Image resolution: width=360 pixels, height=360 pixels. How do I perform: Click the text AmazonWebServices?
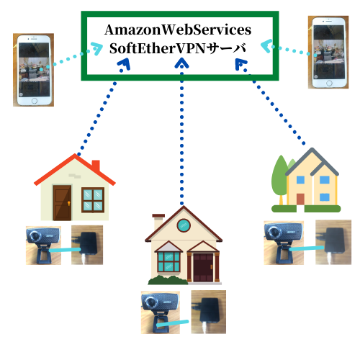pyautogui.click(x=178, y=30)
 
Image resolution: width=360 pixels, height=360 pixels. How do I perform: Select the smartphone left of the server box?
pyautogui.click(x=34, y=70)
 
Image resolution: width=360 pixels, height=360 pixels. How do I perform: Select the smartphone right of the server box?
pyautogui.click(x=328, y=53)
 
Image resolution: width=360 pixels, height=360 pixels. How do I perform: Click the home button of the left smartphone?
pyautogui.click(x=35, y=101)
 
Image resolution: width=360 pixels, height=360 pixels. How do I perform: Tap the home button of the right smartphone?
pyautogui.click(x=329, y=84)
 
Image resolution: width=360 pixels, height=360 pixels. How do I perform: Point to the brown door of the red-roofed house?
pyautogui.click(x=62, y=202)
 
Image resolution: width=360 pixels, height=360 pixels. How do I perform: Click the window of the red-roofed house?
pyautogui.click(x=93, y=200)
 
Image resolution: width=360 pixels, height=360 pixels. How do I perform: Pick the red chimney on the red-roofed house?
pyautogui.click(x=96, y=166)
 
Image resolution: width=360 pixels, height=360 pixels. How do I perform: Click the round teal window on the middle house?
pyautogui.click(x=184, y=225)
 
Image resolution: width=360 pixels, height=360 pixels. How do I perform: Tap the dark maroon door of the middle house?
pyautogui.click(x=203, y=267)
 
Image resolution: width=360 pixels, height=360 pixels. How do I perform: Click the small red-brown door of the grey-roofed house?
pyautogui.click(x=300, y=199)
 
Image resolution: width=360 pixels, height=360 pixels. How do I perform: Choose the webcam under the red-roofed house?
pyautogui.click(x=43, y=246)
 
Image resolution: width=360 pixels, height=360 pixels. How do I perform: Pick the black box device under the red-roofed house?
pyautogui.click(x=88, y=243)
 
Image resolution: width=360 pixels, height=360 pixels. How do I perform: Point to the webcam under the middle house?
pyautogui.click(x=160, y=312)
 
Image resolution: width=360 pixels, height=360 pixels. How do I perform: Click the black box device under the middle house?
pyautogui.click(x=210, y=310)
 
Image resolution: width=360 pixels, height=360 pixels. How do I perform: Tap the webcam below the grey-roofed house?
pyautogui.click(x=284, y=243)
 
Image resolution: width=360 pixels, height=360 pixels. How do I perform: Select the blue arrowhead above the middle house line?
pyautogui.click(x=181, y=63)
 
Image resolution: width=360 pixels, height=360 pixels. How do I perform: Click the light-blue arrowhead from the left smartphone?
pyautogui.click(x=96, y=49)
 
